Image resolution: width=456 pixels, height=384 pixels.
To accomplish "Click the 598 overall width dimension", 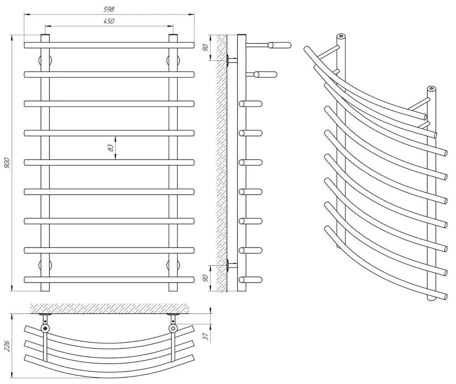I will [109, 9].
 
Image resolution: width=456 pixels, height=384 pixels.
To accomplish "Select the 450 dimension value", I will [109, 21].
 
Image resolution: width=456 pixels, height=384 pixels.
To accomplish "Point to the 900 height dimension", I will [7, 163].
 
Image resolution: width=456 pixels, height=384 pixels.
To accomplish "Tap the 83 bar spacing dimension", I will [110, 148].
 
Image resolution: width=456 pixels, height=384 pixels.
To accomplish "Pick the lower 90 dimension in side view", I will [206, 277].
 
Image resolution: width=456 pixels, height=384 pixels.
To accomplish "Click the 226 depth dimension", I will [6, 346].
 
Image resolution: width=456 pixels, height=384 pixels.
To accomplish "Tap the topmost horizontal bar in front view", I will [109, 45].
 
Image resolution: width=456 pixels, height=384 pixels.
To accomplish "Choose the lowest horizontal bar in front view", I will [109, 279].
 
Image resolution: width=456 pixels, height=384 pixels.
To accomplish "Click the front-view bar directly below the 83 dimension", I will [109, 162].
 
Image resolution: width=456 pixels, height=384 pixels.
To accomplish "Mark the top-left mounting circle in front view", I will [45, 60].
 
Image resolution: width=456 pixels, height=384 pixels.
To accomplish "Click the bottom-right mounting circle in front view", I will [173, 265].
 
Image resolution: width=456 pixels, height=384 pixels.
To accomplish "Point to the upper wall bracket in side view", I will [229, 60].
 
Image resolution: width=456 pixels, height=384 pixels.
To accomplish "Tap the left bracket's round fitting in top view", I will [45, 328].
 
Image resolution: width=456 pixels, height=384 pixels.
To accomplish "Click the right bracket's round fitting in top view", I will [173, 328].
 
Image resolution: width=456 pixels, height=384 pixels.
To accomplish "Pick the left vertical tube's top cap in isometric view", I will [340, 36].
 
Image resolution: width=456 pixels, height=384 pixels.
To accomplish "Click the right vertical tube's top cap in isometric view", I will [431, 88].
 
